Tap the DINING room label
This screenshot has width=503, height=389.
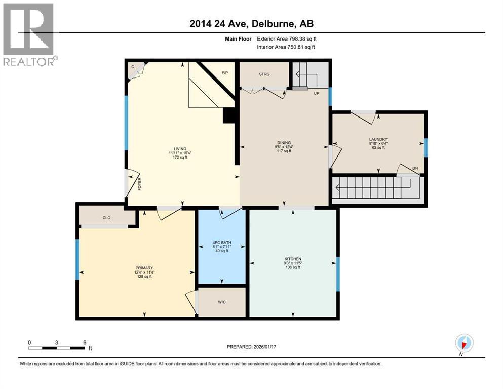pos(284,143)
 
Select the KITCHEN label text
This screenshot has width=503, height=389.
pos(293,259)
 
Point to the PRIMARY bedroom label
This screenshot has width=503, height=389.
pos(144,268)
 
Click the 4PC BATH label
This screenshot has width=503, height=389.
pos(222,243)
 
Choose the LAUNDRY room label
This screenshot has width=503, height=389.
pos(378,139)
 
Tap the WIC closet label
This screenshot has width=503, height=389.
pos(221,302)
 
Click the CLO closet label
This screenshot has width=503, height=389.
pos(106,218)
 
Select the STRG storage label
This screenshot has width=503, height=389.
pos(264,74)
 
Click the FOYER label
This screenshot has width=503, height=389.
pos(139,183)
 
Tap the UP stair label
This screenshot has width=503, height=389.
pos(316,93)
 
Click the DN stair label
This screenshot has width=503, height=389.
pos(415,168)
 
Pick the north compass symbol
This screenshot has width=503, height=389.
pos(464,342)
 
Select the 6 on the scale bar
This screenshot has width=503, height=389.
pos(84,342)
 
